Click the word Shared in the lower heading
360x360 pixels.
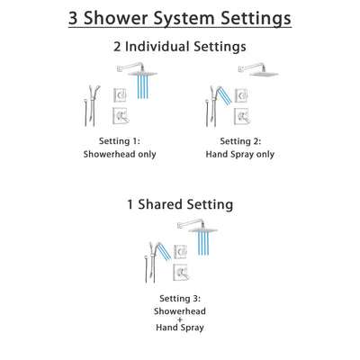click(x=176, y=205)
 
